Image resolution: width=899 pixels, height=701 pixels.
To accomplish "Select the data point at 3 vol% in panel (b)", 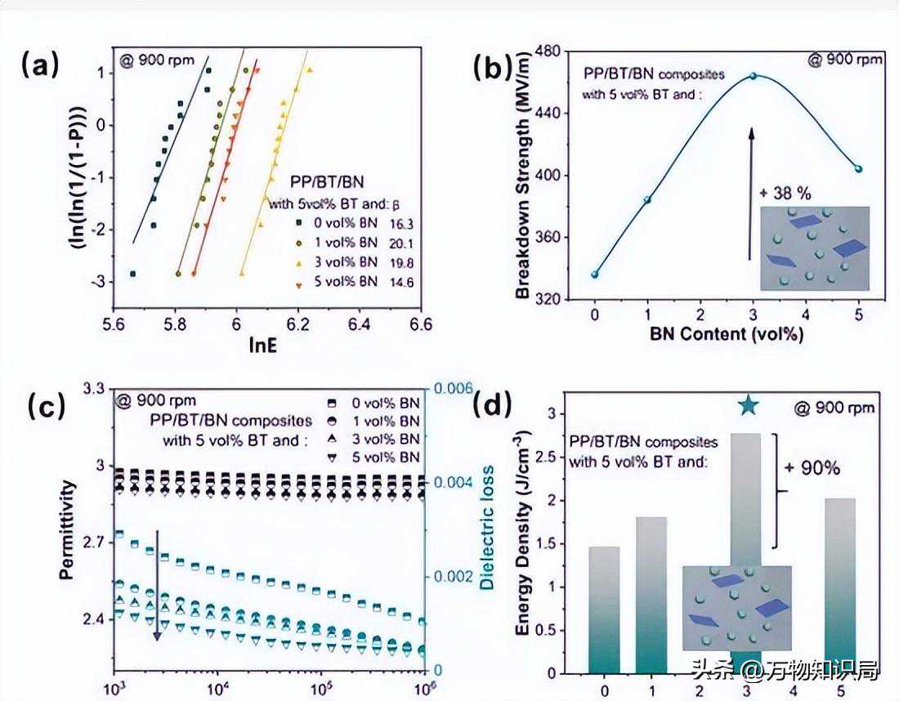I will pyautogui.click(x=753, y=76).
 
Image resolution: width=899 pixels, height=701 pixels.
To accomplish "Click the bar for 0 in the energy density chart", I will pyautogui.click(x=604, y=609).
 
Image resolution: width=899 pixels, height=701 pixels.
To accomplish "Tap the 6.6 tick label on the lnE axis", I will pyautogui.click(x=420, y=324).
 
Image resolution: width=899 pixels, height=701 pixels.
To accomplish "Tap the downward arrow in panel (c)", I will pyautogui.click(x=157, y=584).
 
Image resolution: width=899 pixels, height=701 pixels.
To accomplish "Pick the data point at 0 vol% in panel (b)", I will pyautogui.click(x=595, y=275).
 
